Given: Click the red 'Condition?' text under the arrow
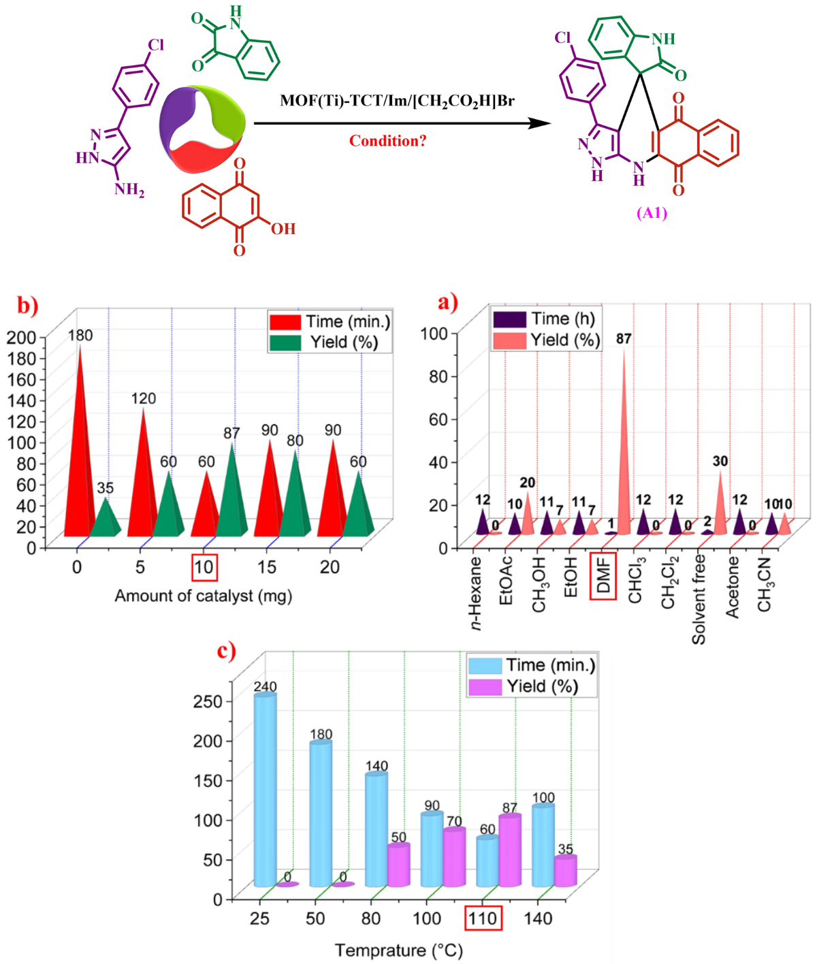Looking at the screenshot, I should point(387,141).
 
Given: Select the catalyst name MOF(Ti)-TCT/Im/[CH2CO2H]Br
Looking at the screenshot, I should point(397,101).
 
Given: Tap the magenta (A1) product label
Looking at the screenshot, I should point(652,213).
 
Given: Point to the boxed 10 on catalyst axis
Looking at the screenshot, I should point(204,567).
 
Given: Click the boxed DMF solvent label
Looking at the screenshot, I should point(603,576).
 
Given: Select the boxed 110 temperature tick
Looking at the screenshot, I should point(483,918).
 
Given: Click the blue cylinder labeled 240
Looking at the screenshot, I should point(265,790).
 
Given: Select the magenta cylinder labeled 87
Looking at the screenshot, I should point(510,851).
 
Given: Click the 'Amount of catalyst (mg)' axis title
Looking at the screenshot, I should point(203,596).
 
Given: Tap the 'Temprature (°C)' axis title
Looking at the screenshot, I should point(398,950).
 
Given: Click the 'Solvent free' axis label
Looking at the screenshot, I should point(699,599).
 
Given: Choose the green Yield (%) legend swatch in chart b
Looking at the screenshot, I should point(285,342).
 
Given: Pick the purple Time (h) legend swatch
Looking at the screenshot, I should point(509,319).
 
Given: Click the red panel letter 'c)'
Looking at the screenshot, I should point(227,652).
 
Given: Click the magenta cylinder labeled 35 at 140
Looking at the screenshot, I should point(565,871).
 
